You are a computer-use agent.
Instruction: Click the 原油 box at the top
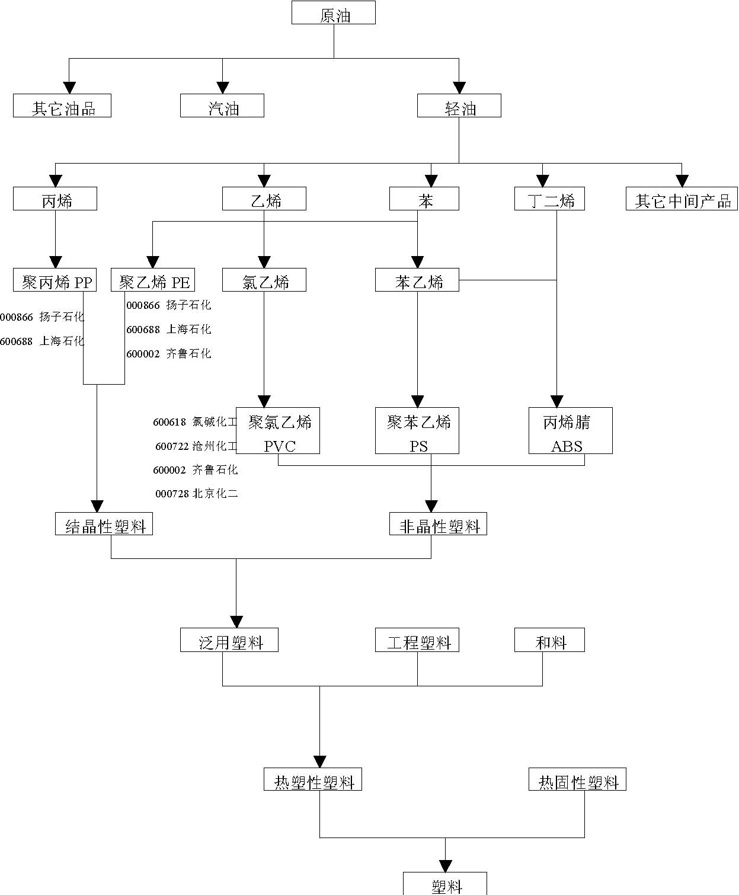tap(333, 12)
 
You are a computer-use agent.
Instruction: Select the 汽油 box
tap(222, 106)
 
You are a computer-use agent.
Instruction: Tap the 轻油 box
tap(459, 106)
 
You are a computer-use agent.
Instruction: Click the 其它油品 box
tap(62, 106)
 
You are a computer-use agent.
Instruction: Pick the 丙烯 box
tap(55, 199)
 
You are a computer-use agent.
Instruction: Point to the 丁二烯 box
tap(549, 199)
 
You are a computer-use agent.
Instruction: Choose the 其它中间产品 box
tap(682, 199)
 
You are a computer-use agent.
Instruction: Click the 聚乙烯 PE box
tap(153, 280)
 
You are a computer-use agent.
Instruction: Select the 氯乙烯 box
tap(264, 280)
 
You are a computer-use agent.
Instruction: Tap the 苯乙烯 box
tap(417, 280)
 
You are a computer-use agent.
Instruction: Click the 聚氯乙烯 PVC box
tap(278, 431)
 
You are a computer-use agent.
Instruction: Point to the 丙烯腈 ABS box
tap(570, 431)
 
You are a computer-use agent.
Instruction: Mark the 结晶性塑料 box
tap(104, 524)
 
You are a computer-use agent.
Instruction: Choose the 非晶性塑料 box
tap(438, 524)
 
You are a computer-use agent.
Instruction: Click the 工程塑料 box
tap(417, 640)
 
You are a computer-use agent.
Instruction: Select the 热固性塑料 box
tap(577, 779)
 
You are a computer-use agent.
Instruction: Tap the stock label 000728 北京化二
tap(196, 494)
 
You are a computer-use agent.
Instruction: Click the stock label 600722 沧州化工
tap(196, 446)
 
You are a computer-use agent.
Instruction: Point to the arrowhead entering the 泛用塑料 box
tap(236, 622)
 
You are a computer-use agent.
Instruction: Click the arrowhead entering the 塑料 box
tap(445, 866)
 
